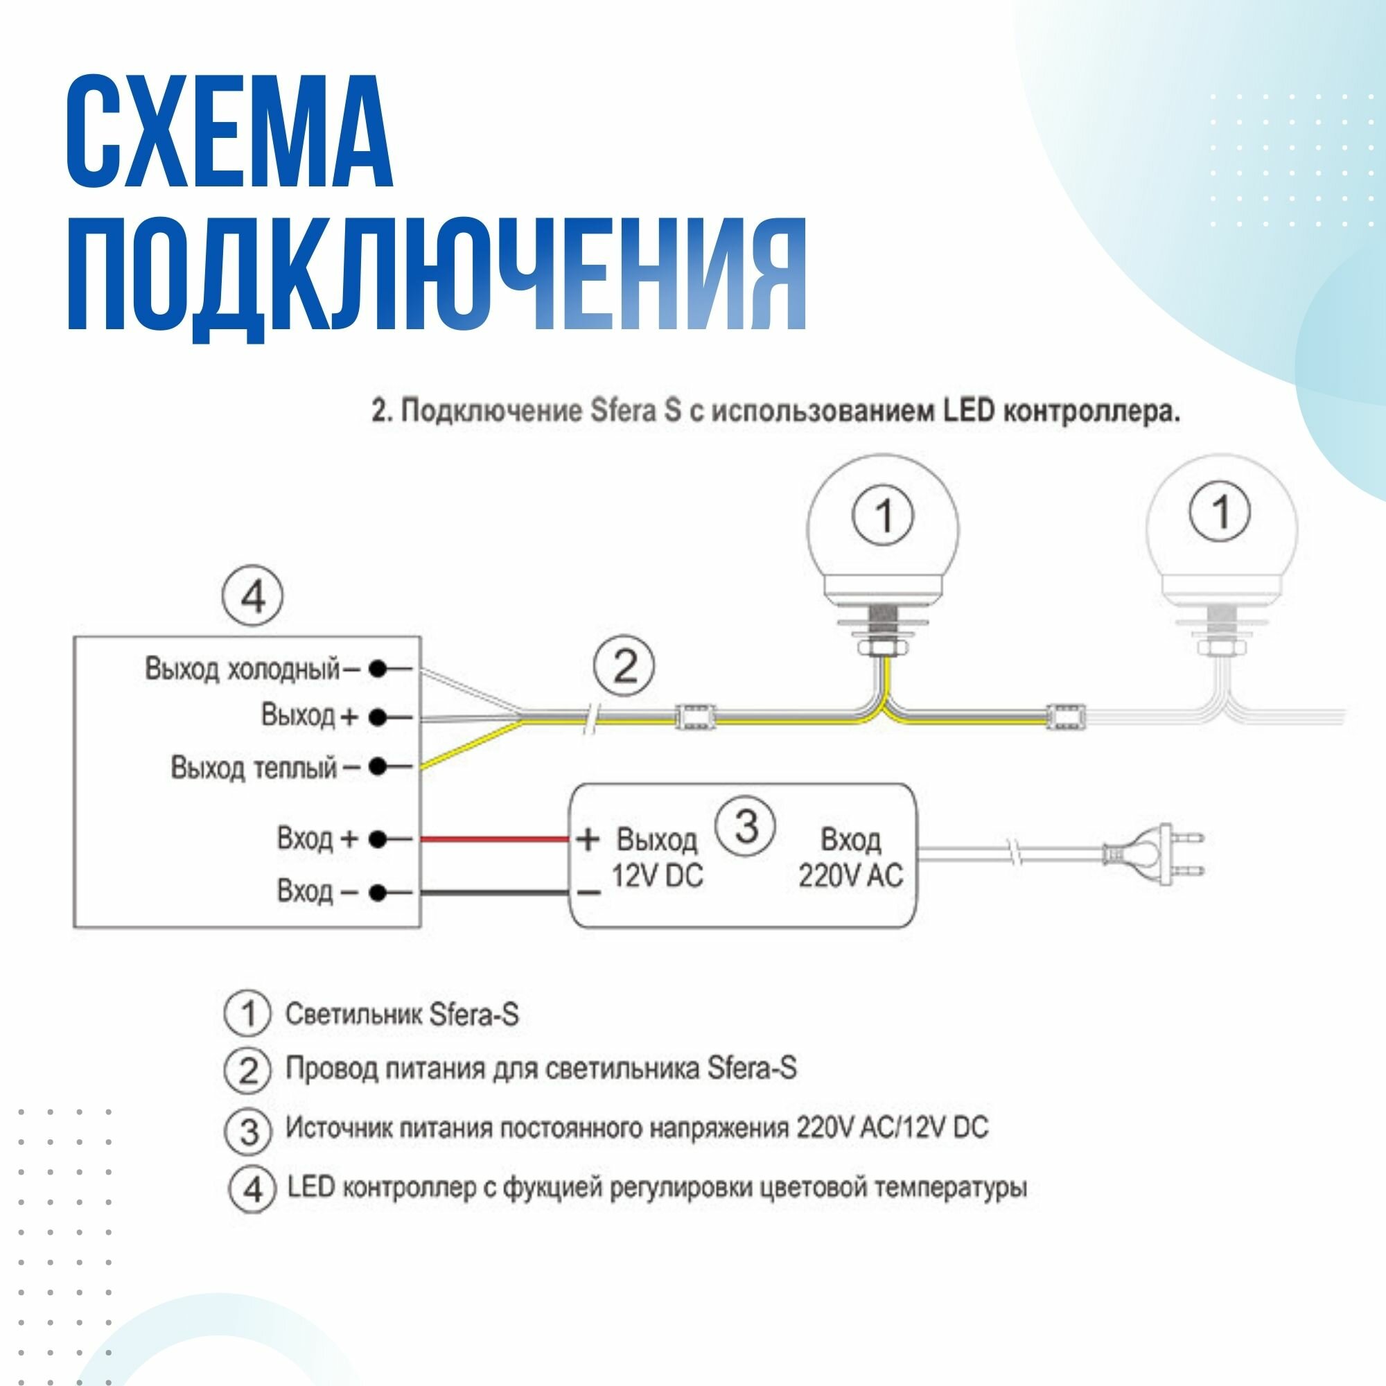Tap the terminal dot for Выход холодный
378,669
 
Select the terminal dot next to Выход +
378,717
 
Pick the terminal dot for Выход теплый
378,767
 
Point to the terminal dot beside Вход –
378,893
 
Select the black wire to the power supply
495,893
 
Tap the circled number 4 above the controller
252,596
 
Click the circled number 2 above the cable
624,667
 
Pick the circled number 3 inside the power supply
747,827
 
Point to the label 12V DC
657,875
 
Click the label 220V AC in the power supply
850,875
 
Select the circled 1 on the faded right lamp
1220,511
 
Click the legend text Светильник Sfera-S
402,1015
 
